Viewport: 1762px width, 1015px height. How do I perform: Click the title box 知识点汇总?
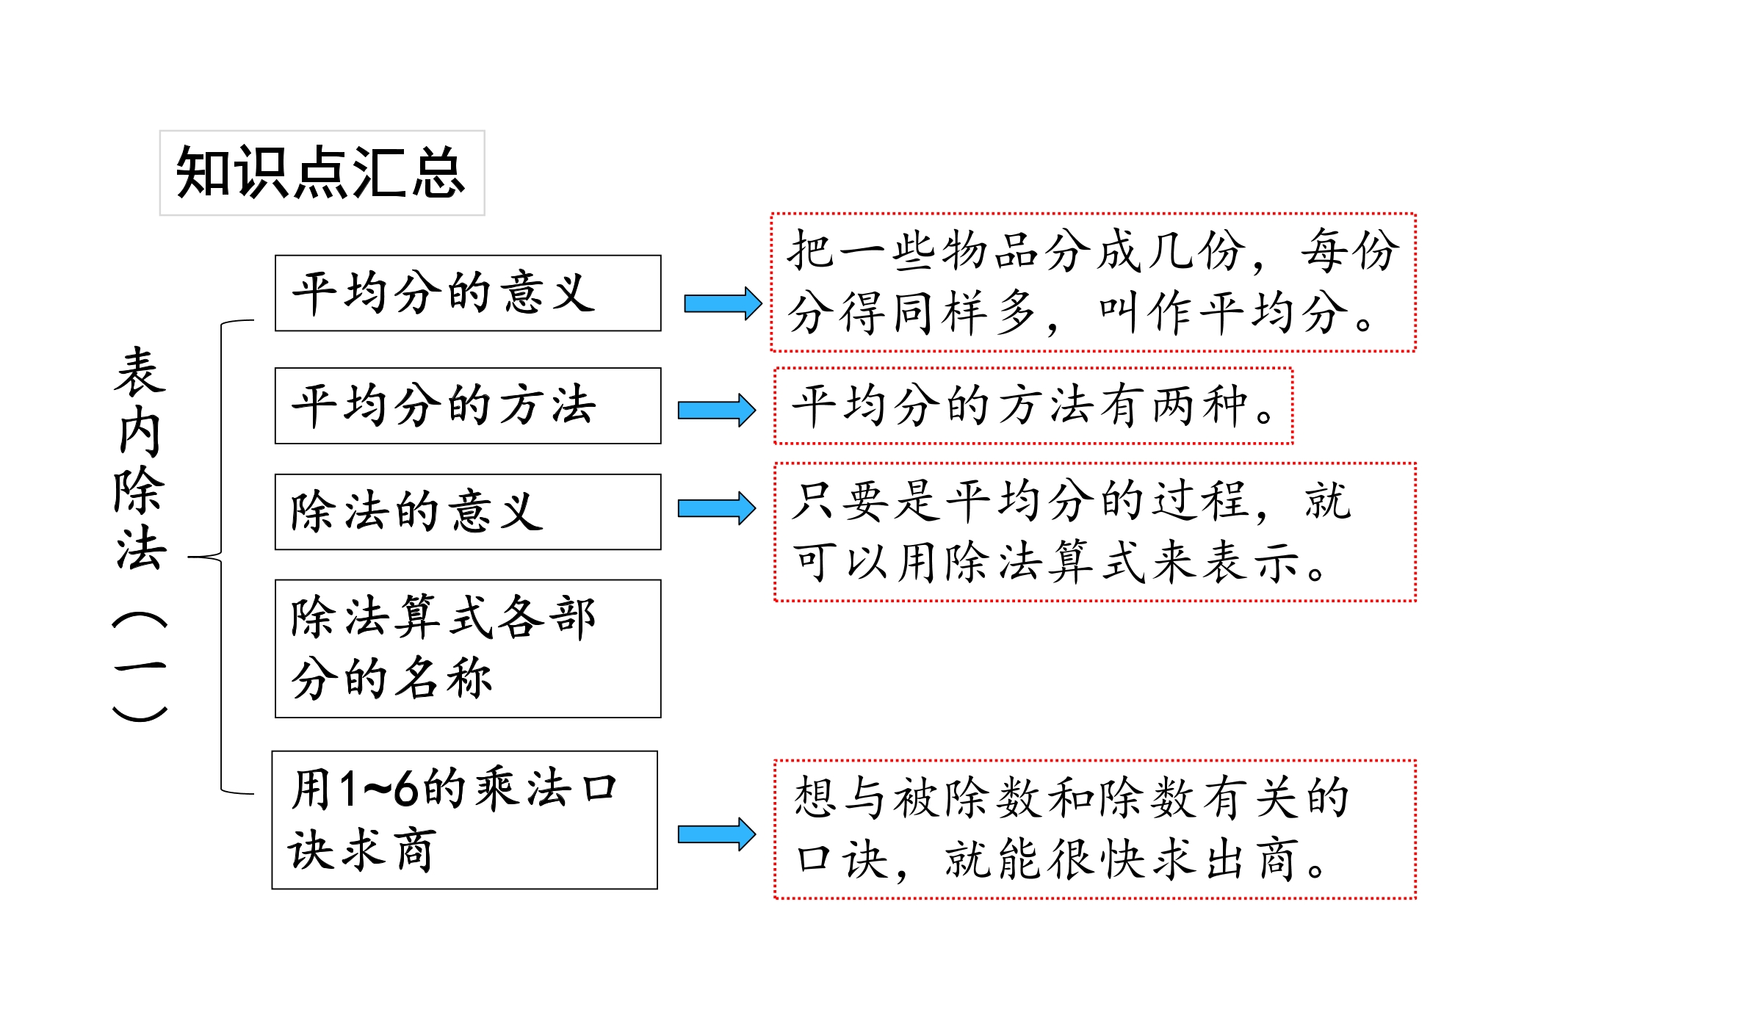point(322,173)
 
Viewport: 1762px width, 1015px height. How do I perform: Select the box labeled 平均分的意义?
point(468,293)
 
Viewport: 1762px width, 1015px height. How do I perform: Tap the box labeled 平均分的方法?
point(468,405)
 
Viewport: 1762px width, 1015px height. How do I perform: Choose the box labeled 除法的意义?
point(468,512)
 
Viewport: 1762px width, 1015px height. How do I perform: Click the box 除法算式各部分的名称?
point(468,649)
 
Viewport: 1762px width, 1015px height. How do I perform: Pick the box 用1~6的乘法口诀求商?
point(465,820)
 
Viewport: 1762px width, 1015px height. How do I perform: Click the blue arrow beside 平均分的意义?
point(723,303)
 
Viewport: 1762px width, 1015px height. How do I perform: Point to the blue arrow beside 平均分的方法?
point(716,410)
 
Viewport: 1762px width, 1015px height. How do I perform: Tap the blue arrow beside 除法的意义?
point(716,508)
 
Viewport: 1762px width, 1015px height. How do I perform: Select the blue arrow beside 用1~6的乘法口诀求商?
point(716,834)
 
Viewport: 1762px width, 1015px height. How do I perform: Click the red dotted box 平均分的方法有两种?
point(1033,405)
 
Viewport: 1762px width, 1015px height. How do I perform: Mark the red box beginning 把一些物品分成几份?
point(1093,282)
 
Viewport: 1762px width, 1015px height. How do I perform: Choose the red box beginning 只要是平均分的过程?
point(1094,532)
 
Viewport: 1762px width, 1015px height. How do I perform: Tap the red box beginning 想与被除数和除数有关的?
point(1094,829)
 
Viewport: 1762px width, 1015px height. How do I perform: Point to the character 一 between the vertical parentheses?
point(140,667)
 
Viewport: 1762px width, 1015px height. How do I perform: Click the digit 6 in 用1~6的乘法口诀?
point(406,790)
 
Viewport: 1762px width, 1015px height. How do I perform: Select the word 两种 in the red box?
point(1199,405)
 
